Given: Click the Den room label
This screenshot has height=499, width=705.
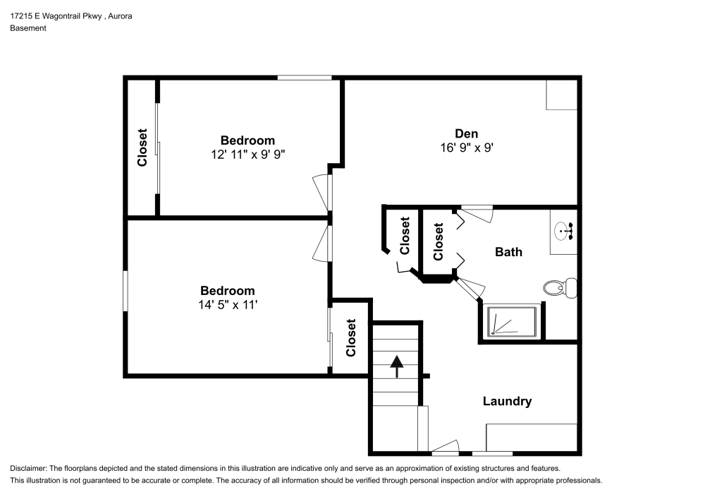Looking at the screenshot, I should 466,133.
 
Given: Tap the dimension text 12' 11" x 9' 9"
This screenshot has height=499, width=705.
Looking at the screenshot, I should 247,154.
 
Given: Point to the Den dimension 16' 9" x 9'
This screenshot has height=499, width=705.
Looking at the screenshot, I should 466,148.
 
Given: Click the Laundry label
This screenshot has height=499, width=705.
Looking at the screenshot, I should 507,401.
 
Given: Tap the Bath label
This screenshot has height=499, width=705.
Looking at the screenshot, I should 508,251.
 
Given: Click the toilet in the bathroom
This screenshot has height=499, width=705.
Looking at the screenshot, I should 560,287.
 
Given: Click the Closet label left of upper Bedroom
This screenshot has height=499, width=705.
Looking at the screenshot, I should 142,148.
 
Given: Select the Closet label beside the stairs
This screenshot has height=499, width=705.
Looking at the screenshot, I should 350,337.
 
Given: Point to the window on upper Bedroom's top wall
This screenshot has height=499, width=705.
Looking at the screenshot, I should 304,78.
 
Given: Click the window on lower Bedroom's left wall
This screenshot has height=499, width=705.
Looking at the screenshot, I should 125,290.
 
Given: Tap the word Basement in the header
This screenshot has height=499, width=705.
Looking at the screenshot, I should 28,28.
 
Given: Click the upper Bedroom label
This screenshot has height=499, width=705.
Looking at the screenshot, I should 247,140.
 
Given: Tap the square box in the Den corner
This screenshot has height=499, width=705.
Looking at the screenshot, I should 561,95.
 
